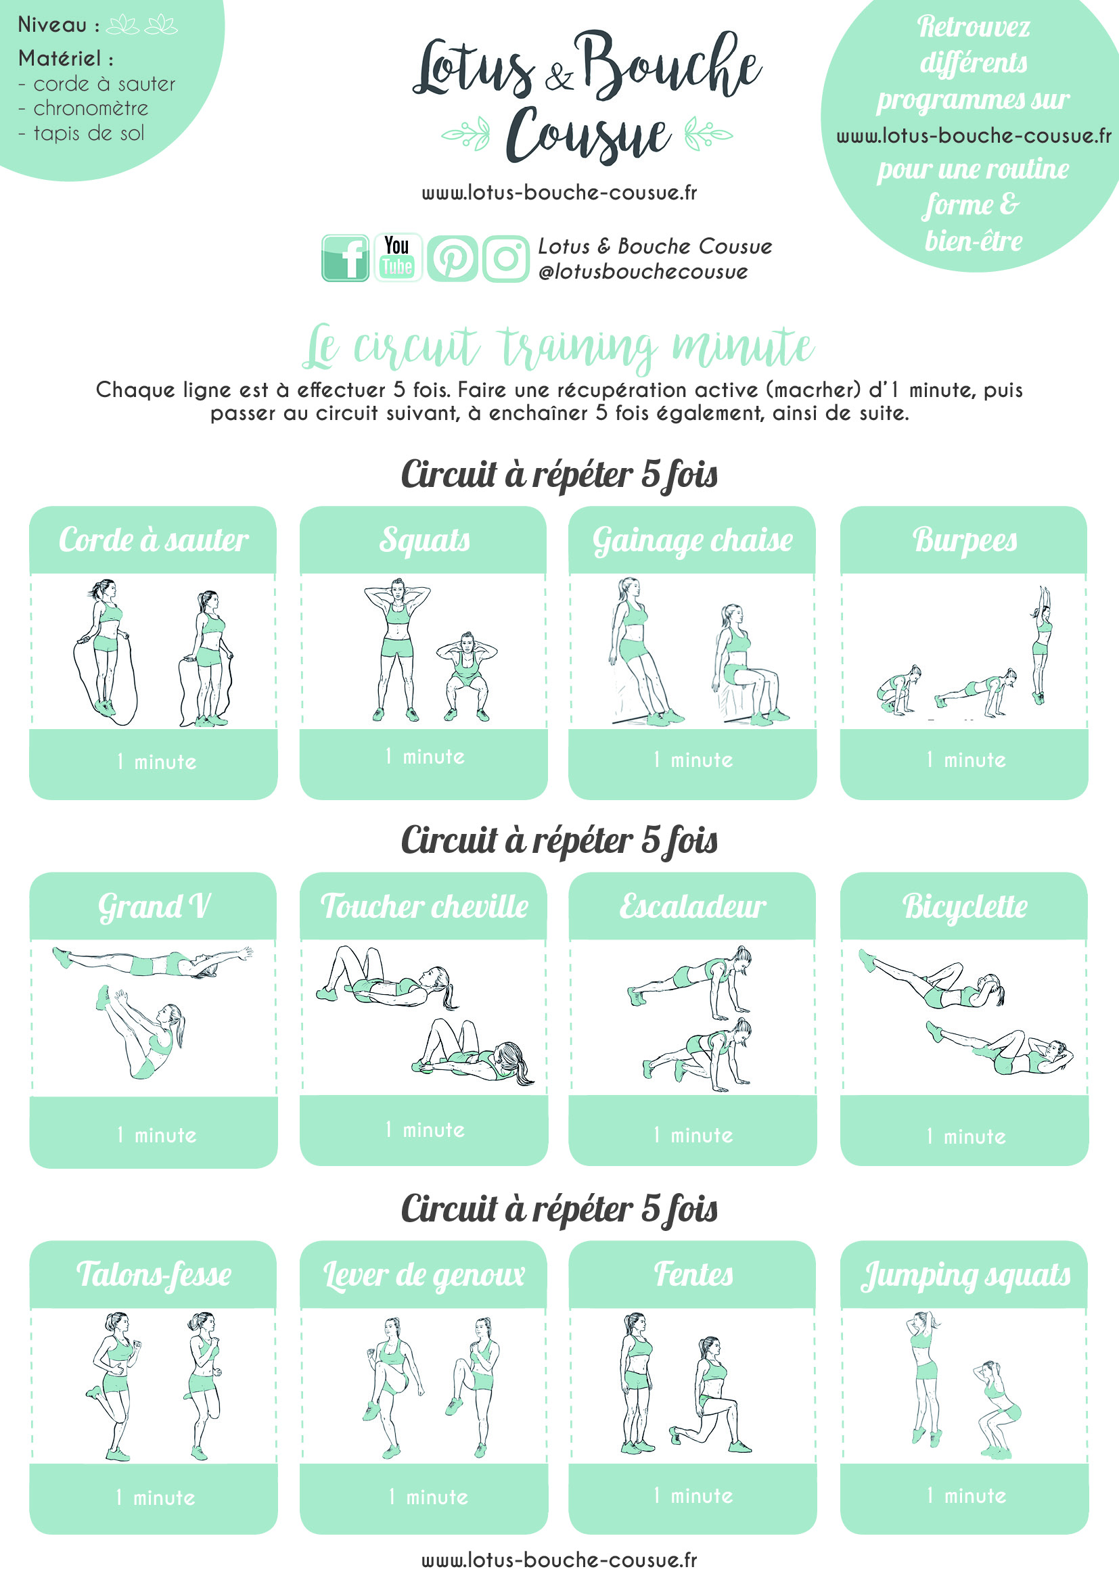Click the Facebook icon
tap(345, 258)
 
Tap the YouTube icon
tap(398, 258)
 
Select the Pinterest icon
tap(452, 258)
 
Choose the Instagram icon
tap(506, 258)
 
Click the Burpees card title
tap(965, 540)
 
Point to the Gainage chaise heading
tap(693, 540)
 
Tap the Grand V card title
tap(154, 906)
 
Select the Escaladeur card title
tap(693, 906)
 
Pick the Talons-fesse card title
tap(154, 1274)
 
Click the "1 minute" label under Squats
tap(424, 757)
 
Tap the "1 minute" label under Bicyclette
tap(966, 1136)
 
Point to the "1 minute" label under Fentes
tap(693, 1496)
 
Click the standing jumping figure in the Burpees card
tap(1041, 645)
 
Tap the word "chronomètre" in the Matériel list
tap(91, 108)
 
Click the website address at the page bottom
tap(559, 1560)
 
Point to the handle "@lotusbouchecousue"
tap(643, 272)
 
